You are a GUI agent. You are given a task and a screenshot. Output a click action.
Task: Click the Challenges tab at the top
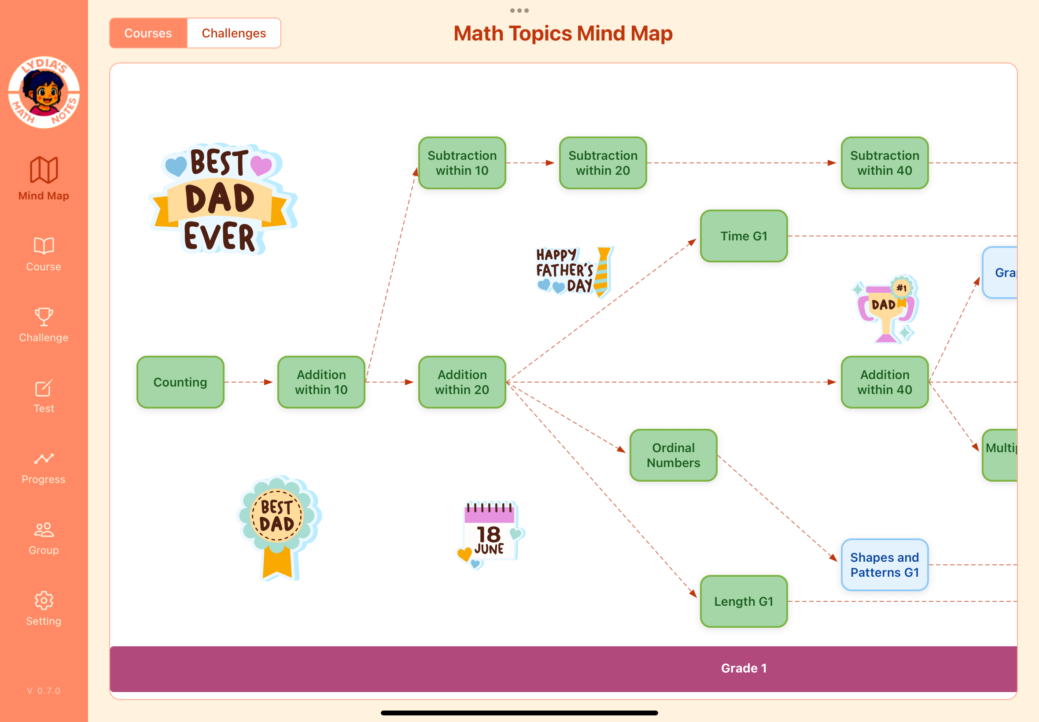233,33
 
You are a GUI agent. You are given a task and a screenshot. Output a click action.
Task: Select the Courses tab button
148,33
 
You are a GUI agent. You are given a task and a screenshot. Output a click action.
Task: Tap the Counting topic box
180,382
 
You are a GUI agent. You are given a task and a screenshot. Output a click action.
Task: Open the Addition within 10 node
321,382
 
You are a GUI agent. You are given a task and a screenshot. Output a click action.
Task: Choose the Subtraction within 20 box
603,163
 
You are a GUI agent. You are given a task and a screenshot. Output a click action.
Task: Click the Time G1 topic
744,236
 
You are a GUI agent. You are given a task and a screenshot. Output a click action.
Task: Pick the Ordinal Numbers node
673,455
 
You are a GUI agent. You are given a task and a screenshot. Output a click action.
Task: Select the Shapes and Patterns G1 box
884,564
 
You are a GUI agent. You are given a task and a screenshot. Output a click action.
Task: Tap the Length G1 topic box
744,601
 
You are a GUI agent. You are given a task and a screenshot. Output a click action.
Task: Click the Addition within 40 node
884,382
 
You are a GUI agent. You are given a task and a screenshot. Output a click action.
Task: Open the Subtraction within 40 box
884,163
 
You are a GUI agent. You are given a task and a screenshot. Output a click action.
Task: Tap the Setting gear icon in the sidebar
44,600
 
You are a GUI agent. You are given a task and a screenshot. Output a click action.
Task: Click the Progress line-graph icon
44,459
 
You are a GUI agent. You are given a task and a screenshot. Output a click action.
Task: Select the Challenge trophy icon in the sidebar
44,317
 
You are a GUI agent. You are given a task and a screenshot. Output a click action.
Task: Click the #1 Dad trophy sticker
886,309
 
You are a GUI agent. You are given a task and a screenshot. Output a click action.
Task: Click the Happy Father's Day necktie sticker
574,272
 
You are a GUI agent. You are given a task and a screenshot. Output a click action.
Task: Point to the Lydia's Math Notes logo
44,92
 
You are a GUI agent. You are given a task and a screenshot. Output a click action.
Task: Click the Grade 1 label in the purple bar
744,668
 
